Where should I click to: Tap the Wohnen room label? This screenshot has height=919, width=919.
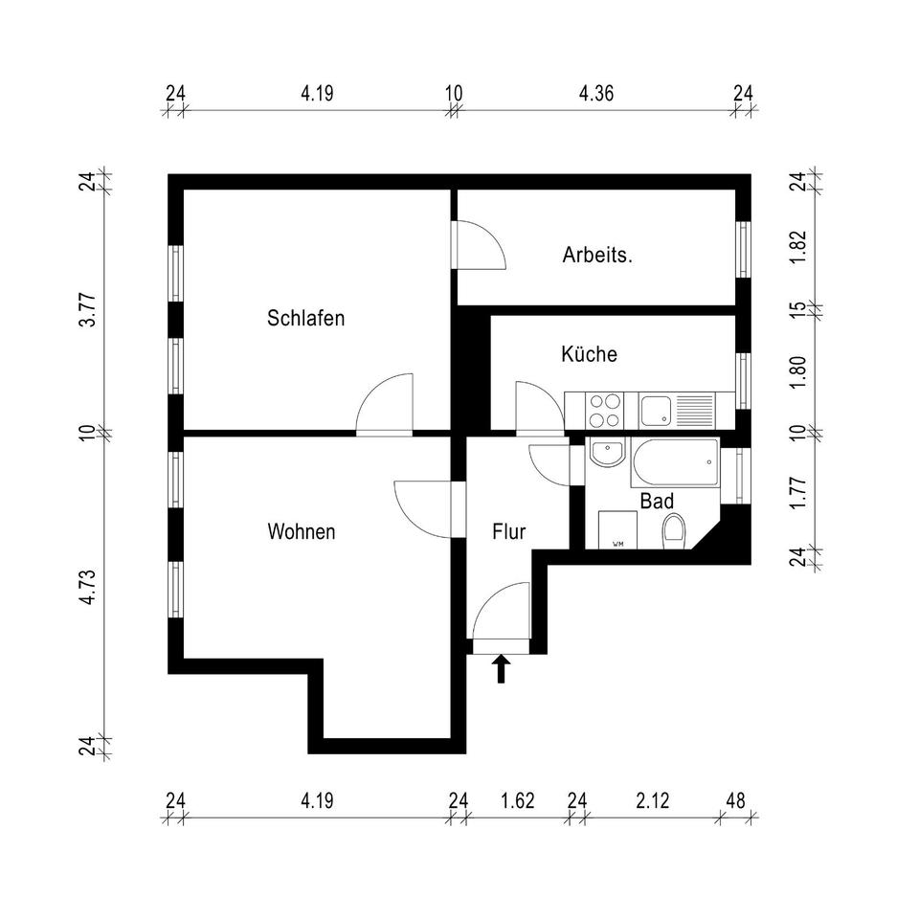tap(302, 531)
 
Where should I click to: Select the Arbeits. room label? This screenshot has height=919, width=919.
tap(597, 256)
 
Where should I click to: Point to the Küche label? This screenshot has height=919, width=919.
tap(589, 354)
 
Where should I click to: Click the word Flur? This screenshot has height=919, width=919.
tap(509, 531)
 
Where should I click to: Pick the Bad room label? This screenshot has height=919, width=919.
tap(657, 501)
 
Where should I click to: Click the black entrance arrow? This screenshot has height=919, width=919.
tap(501, 668)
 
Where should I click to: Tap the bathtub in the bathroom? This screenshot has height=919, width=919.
tap(675, 463)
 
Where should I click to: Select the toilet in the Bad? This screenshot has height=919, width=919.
tap(674, 531)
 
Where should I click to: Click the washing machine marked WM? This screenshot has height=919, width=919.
tap(617, 529)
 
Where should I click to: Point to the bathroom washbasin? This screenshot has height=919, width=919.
tap(605, 453)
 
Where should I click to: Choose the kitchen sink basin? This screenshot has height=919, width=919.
tap(656, 411)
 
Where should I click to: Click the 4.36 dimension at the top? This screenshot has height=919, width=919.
tap(596, 94)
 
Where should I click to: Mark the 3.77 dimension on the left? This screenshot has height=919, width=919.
tap(87, 309)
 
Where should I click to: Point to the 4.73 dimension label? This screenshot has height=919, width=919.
tap(87, 586)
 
